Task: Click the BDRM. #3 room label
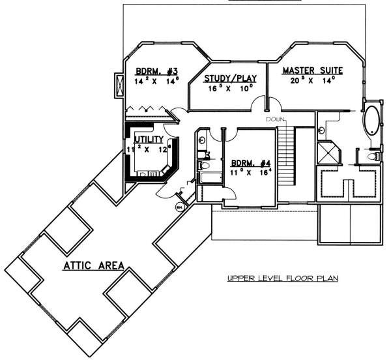(x=156, y=71)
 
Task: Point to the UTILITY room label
(x=149, y=140)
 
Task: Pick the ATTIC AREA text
(x=94, y=265)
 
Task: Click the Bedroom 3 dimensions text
(x=156, y=83)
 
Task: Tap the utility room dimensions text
(x=149, y=149)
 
